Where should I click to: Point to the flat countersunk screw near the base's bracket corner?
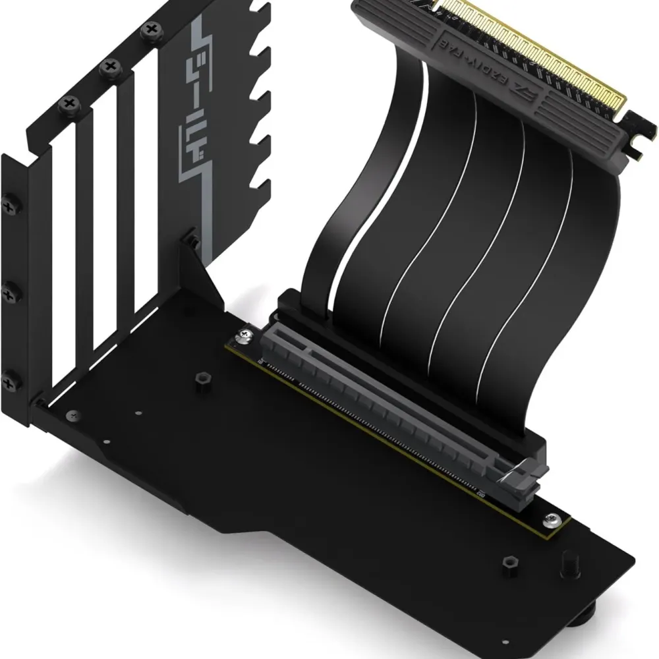click(x=71, y=415)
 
